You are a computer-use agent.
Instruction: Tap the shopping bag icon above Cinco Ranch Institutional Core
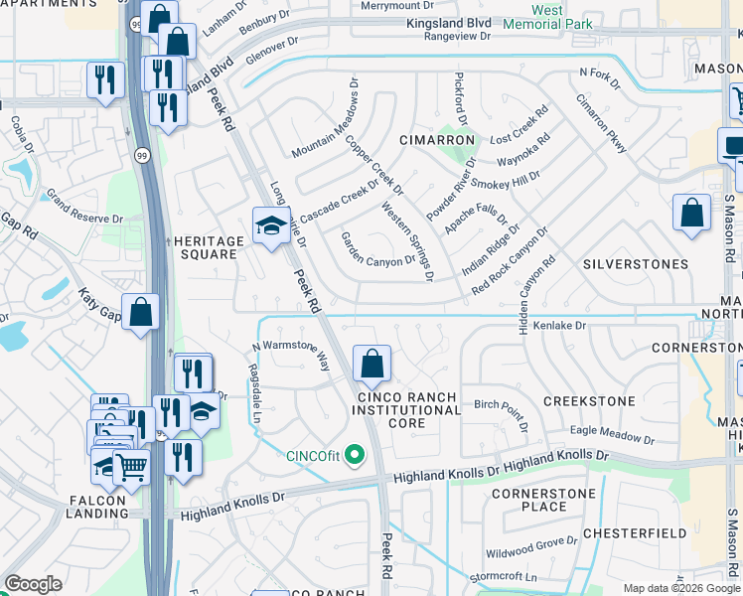point(371,365)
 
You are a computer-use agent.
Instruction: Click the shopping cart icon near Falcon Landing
point(131,466)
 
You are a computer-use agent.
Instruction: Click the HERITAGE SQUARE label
point(209,247)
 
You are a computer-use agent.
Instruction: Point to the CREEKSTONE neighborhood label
point(589,400)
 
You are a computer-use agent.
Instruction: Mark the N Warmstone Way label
point(291,354)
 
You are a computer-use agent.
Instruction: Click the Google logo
point(33,584)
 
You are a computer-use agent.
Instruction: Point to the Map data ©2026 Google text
point(681,588)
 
